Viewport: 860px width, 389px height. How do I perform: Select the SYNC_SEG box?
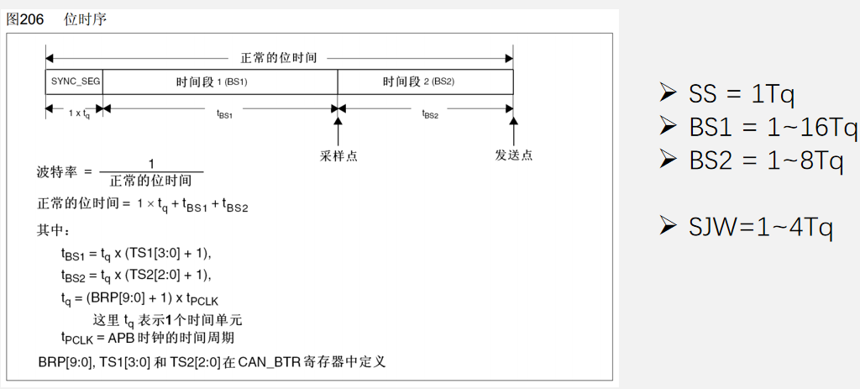click(74, 81)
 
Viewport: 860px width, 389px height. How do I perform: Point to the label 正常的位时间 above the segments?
click(279, 58)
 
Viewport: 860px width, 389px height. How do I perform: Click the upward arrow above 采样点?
click(338, 131)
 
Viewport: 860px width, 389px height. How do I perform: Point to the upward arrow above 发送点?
click(513, 131)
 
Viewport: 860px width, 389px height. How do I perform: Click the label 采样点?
click(338, 155)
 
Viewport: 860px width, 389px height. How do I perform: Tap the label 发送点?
click(513, 155)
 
